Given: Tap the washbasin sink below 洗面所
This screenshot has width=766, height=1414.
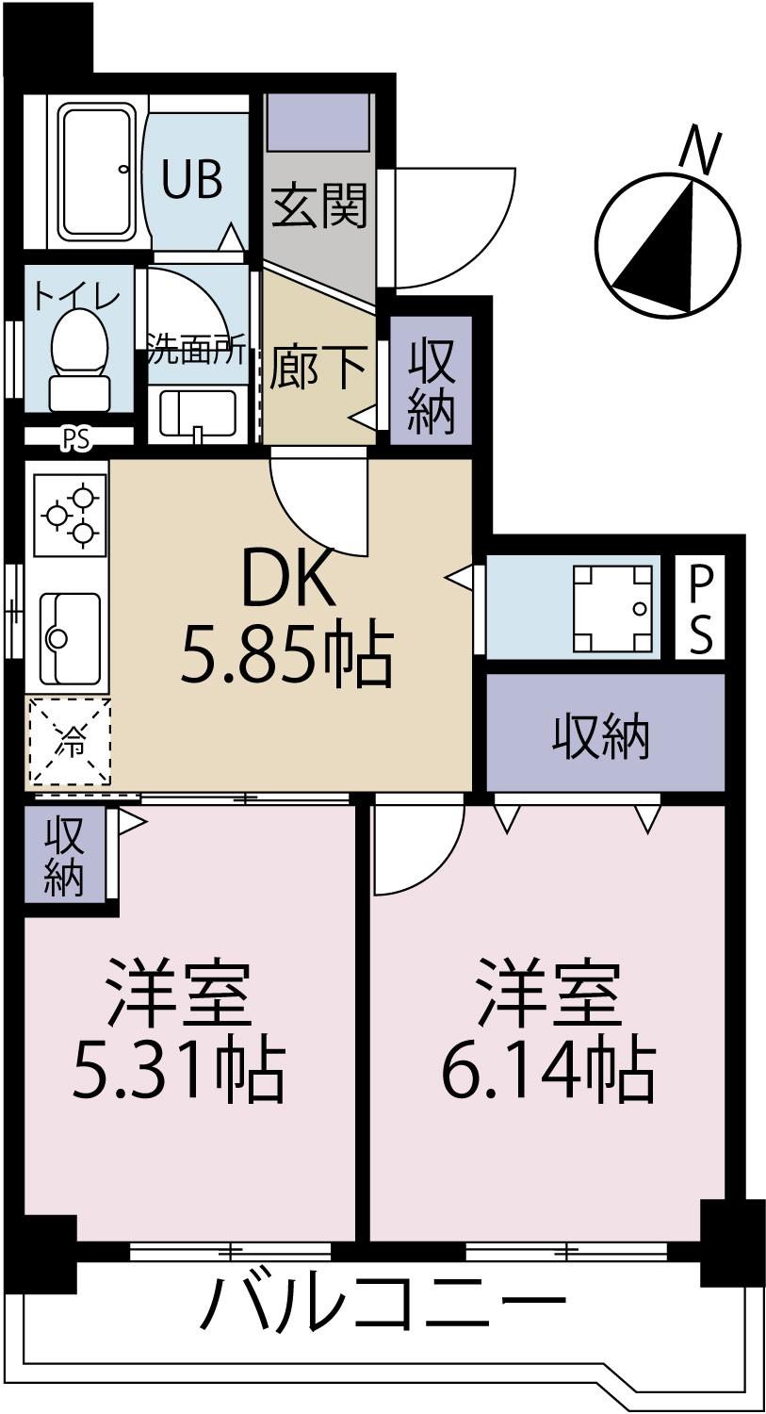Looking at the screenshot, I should (198, 414).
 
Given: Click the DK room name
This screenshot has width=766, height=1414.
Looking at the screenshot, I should (288, 580).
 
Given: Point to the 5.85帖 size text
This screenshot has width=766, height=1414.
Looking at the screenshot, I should (286, 656).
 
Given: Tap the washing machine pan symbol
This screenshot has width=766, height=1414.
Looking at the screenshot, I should (613, 609).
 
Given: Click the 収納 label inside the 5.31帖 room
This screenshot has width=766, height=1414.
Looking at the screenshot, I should (64, 855).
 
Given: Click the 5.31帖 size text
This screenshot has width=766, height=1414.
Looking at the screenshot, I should (179, 1069).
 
